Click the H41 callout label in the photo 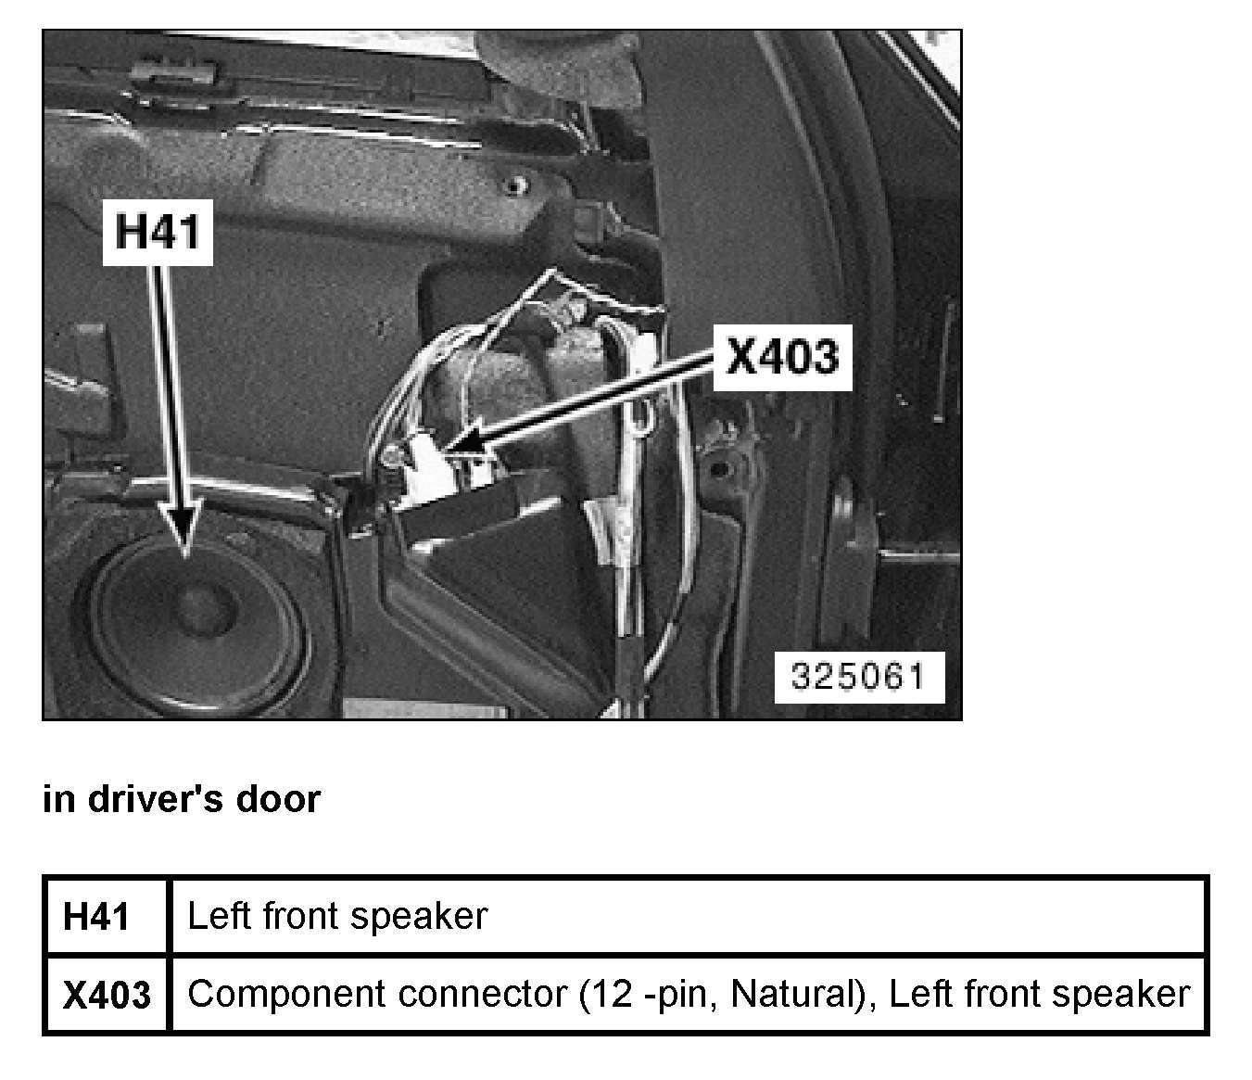pos(158,230)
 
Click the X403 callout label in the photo pos(781,356)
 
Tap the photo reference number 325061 pos(858,676)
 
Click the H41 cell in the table pos(96,916)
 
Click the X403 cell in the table pos(106,995)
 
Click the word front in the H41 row pos(297,916)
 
